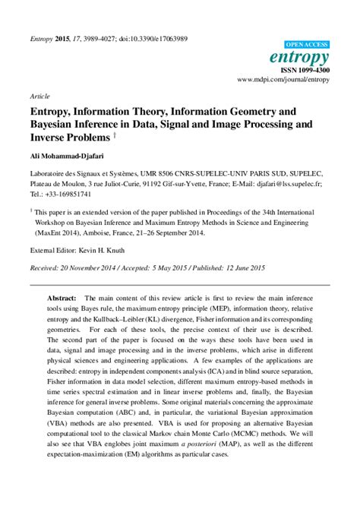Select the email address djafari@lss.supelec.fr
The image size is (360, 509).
pyautogui.click(x=293, y=183)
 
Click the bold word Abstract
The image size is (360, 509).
pyautogui.click(x=62, y=300)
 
